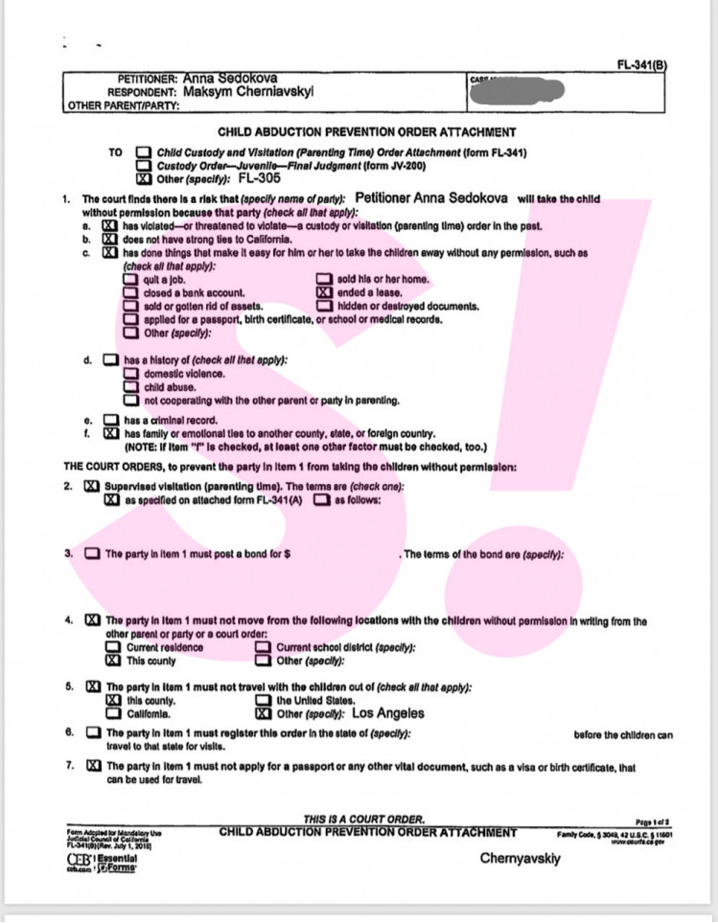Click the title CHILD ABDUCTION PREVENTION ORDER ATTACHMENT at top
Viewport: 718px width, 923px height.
click(x=367, y=132)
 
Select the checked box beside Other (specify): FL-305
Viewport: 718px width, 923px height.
click(x=143, y=178)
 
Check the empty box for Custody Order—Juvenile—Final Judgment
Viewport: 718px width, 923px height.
click(x=143, y=165)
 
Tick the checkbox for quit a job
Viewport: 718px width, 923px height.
click(x=130, y=280)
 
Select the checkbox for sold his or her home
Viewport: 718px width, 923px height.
click(x=323, y=280)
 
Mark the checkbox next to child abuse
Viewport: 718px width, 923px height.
click(x=130, y=386)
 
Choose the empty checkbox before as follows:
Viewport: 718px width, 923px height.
click(x=320, y=499)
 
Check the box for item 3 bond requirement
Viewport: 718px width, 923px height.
click(x=91, y=554)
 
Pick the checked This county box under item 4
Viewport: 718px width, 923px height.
click(x=112, y=660)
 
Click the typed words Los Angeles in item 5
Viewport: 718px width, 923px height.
click(x=388, y=713)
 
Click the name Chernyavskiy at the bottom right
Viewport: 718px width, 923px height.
click(x=521, y=859)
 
